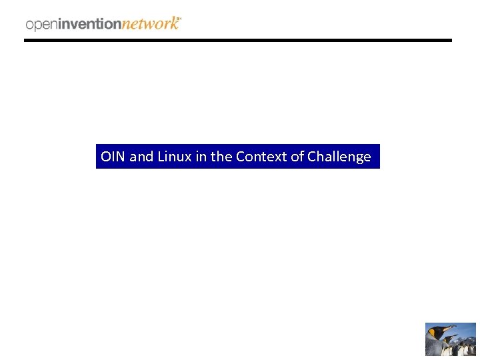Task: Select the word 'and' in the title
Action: tap(141, 157)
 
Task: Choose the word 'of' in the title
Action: tap(297, 157)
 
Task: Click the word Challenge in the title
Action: tap(339, 157)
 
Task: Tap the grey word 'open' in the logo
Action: tap(42, 25)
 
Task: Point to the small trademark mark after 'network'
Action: tap(180, 19)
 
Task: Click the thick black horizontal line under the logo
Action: tap(238, 40)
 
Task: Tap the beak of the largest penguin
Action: tap(451, 328)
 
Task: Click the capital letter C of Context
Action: tap(240, 157)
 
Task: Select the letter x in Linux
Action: tap(188, 157)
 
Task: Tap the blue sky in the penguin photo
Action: tap(467, 328)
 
